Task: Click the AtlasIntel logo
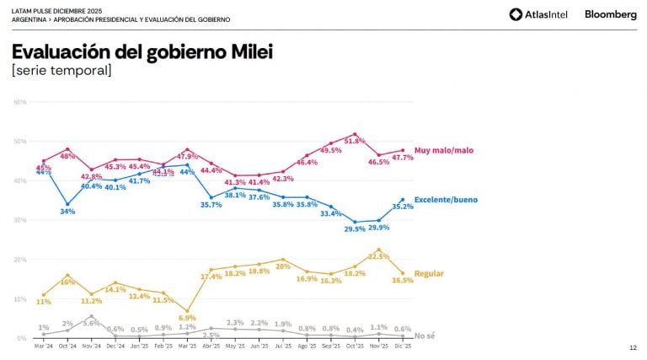click(x=538, y=14)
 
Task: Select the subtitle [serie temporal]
click(x=61, y=71)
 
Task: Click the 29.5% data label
click(x=354, y=228)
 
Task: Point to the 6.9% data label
click(x=187, y=317)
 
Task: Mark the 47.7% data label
click(x=403, y=158)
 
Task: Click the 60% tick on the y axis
click(x=20, y=102)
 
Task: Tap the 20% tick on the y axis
click(x=20, y=260)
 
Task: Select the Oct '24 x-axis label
click(x=67, y=347)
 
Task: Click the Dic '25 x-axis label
click(x=403, y=347)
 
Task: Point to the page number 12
click(x=633, y=347)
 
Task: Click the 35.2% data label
click(x=403, y=206)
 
